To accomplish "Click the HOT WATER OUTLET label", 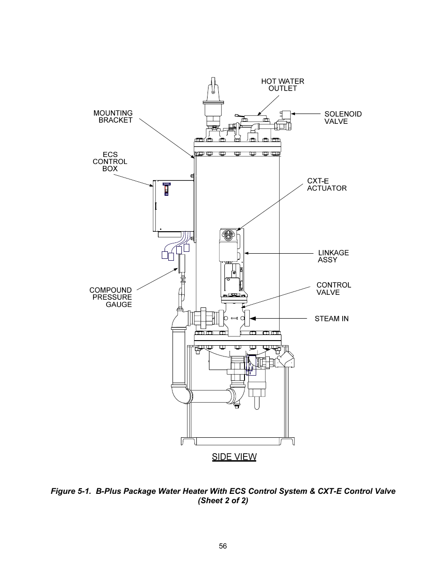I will point(282,85).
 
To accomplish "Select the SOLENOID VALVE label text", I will point(343,117).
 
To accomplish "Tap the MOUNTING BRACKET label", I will point(113,116).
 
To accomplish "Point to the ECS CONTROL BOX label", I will point(110,162).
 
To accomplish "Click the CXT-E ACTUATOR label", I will point(326,185).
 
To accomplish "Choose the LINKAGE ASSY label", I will point(333,256).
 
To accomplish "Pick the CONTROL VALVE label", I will point(333,288).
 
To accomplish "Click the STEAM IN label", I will point(331,319).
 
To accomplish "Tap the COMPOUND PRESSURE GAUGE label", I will point(111,297).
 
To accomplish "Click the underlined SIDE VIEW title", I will point(234,456).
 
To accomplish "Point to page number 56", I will point(223,546).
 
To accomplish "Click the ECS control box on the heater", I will point(173,206).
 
